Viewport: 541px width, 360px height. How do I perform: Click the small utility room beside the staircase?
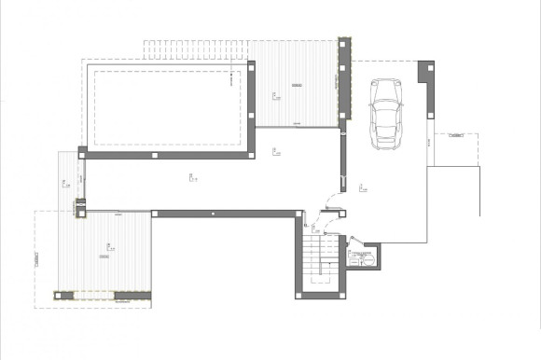tap(361, 258)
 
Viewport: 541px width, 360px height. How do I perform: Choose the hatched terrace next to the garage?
tap(297, 86)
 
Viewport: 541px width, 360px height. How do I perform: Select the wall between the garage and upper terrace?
tap(344, 84)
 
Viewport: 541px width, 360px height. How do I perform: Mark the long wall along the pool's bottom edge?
tap(168, 151)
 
